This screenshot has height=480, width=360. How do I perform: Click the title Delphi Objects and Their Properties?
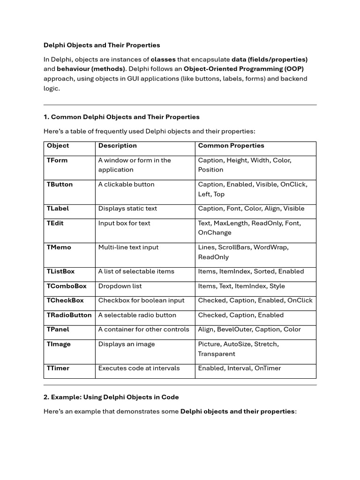point(102,45)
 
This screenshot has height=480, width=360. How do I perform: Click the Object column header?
point(58,146)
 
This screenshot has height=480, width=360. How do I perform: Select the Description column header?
point(117,146)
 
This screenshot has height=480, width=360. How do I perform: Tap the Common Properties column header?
point(231,146)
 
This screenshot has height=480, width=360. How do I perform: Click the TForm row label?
point(57,160)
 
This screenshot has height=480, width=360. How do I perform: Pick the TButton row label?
point(60,185)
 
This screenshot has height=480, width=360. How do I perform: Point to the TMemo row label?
point(59,247)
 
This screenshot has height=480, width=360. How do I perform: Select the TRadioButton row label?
point(69,315)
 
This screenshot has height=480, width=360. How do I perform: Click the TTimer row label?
point(58,368)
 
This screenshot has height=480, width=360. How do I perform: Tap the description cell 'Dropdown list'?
point(120,286)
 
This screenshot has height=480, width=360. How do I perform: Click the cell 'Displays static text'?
point(127,209)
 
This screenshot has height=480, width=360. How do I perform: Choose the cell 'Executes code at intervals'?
point(139,368)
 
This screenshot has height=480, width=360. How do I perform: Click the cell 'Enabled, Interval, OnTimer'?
point(240,368)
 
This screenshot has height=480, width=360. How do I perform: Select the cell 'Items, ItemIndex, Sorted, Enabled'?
point(251,271)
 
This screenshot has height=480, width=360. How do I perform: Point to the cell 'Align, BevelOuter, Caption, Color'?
point(249,330)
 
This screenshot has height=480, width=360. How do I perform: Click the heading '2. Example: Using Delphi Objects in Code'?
point(111,397)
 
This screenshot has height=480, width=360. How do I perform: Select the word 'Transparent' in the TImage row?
point(217,354)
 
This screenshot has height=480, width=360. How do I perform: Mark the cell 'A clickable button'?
point(126,185)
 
